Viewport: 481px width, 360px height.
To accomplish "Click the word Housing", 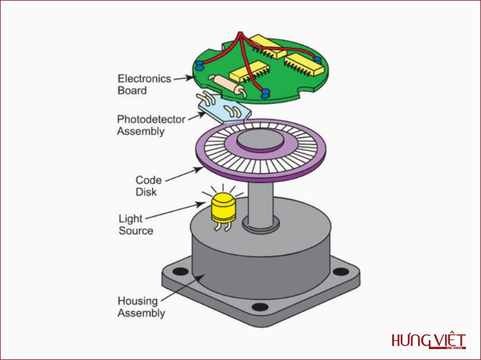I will click(x=137, y=301).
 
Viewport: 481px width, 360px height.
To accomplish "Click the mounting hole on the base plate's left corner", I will click(x=179, y=271).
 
